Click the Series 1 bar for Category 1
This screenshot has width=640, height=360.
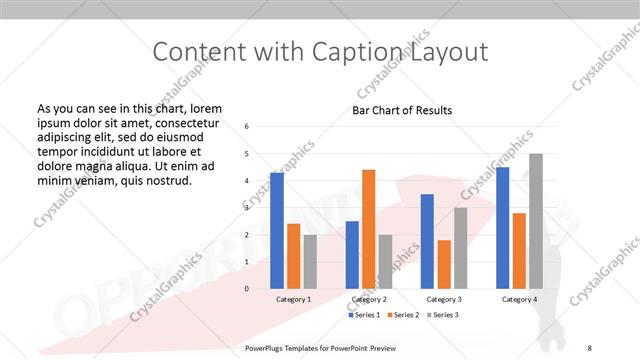click(277, 231)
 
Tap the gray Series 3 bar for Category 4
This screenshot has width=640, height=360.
click(535, 221)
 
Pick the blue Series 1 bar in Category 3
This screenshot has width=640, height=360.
click(427, 241)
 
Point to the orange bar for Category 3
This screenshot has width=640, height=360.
click(444, 264)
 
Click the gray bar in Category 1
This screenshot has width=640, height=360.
click(310, 262)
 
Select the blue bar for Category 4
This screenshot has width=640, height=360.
click(502, 228)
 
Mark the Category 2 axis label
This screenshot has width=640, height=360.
click(368, 299)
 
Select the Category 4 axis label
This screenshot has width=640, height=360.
click(519, 299)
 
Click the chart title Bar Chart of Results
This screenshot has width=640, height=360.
click(402, 110)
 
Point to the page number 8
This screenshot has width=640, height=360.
click(590, 348)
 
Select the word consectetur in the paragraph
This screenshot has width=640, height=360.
click(184, 122)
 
